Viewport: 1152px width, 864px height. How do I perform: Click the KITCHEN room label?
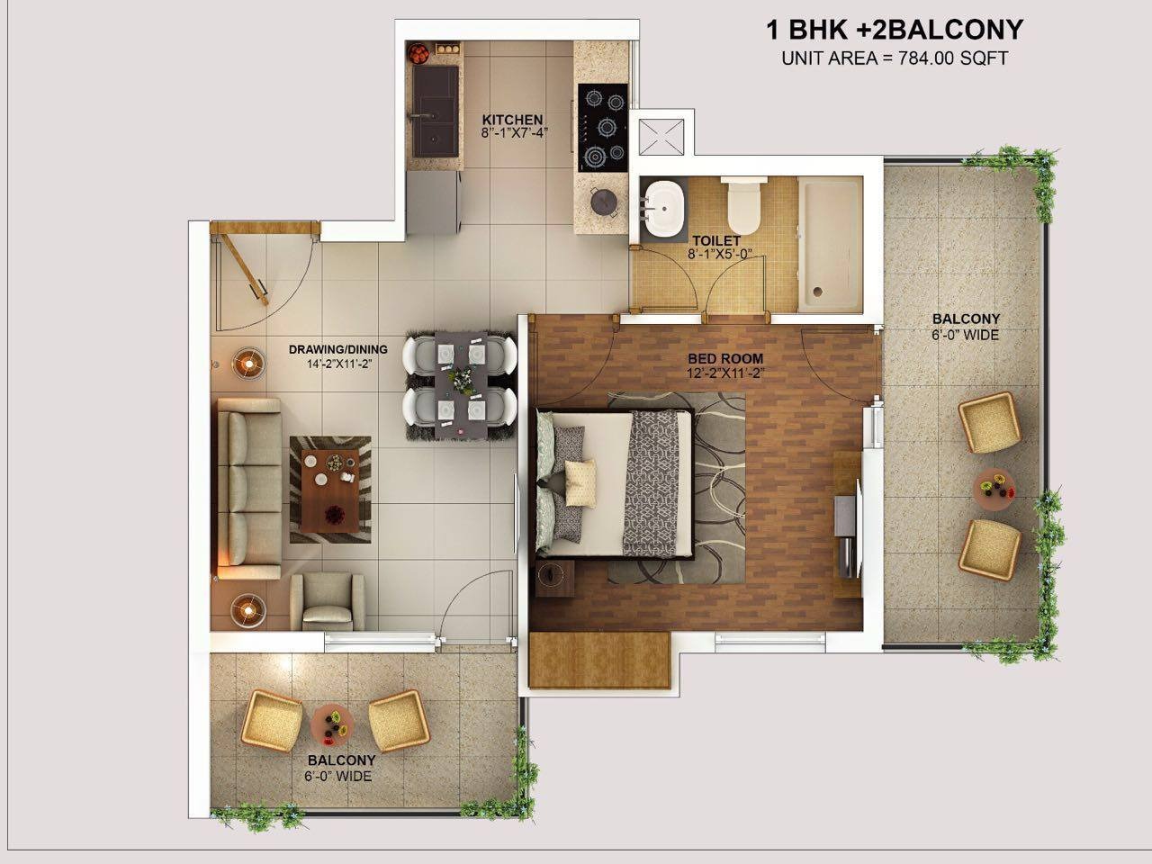point(512,120)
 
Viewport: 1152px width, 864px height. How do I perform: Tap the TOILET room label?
point(716,241)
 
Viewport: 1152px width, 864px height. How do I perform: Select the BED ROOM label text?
point(725,359)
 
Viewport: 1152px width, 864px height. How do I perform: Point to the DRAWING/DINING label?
point(338,349)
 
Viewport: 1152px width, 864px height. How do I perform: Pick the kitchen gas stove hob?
point(603,128)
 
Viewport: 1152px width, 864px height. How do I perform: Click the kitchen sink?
point(435,112)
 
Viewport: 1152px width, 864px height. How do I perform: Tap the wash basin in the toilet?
point(663,209)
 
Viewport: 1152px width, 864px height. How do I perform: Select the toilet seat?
point(743,205)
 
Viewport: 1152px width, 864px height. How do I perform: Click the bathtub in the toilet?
point(830,245)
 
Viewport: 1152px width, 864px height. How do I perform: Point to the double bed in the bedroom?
point(615,483)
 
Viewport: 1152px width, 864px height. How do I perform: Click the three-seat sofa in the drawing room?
point(248,489)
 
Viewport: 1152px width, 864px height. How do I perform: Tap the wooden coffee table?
point(330,490)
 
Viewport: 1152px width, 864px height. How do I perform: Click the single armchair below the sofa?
point(328,601)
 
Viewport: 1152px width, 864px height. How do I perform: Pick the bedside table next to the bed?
point(554,579)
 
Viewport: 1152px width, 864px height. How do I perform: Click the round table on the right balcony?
point(994,490)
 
